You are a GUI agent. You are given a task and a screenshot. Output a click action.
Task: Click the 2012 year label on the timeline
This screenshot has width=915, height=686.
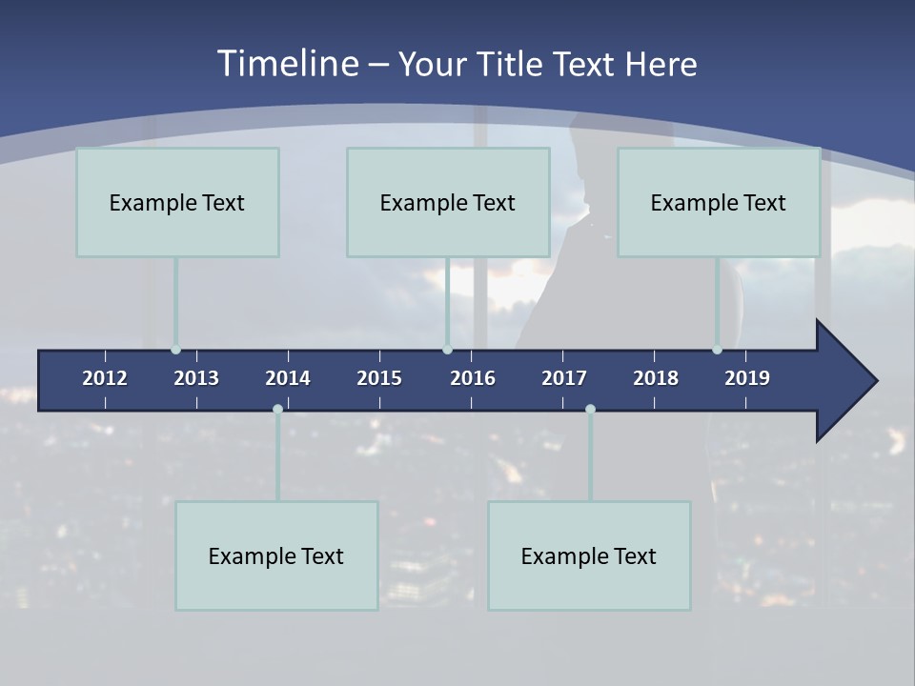pos(105,378)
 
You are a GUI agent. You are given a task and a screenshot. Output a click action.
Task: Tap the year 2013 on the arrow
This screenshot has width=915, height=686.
pos(196,378)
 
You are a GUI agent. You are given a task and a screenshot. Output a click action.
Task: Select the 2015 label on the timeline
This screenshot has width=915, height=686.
pos(379,378)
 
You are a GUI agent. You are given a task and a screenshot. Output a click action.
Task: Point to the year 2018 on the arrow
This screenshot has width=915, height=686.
pos(656,378)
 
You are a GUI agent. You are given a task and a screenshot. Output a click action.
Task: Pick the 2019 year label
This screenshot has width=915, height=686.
pos(747,378)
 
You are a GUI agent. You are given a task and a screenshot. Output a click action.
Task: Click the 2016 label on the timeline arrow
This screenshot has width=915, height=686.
pos(473,378)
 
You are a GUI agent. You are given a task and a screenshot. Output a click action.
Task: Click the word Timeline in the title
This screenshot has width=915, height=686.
pos(287,64)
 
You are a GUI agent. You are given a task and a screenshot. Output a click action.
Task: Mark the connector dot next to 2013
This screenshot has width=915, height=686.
pos(175,350)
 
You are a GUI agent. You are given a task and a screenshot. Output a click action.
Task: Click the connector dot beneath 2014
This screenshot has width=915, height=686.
pos(277,410)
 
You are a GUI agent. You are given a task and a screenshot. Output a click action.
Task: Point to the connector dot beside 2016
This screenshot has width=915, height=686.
pos(447,350)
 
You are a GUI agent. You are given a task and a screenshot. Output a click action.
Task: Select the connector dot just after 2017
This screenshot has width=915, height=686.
pos(590,410)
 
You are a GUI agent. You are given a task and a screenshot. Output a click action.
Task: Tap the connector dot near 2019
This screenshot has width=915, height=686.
pos(717,350)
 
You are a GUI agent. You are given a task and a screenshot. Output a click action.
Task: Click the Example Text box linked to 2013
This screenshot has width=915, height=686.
pos(177,202)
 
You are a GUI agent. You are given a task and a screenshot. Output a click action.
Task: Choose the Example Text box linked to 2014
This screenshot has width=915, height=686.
pos(276,555)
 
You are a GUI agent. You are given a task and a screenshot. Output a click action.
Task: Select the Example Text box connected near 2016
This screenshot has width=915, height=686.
pos(448,202)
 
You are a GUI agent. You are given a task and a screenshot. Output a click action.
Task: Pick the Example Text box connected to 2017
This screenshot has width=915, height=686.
pos(589,555)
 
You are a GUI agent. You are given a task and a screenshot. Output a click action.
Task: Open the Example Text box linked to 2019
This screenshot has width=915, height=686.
pos(719,202)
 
